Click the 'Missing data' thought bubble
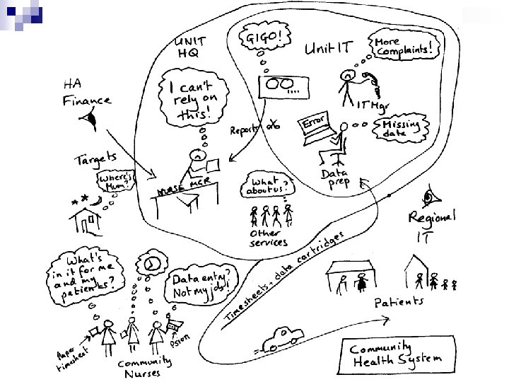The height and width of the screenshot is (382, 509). (400, 127)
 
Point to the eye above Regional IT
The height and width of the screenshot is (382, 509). (428, 195)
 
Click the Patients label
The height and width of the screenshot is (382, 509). (399, 302)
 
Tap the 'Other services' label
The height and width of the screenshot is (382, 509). (268, 237)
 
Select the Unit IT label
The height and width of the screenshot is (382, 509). (329, 49)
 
